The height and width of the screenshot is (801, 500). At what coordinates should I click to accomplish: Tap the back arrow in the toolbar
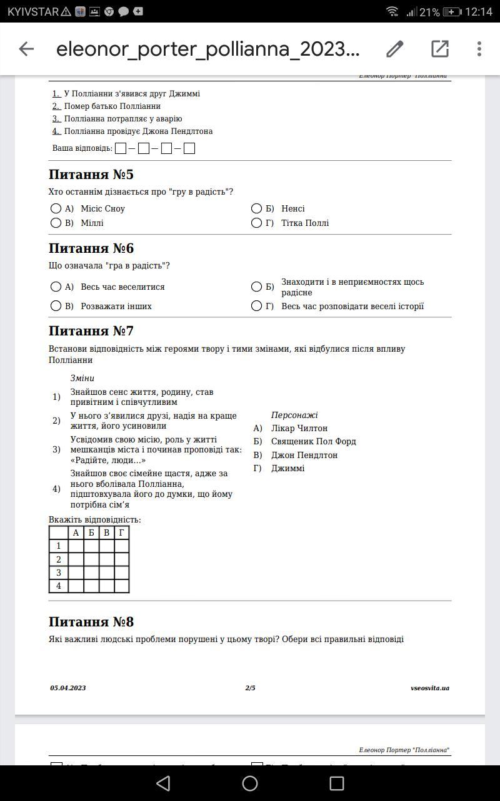[x=26, y=49]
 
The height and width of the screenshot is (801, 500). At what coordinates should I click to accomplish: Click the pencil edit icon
[x=394, y=49]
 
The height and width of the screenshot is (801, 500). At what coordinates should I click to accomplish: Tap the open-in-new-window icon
[x=440, y=49]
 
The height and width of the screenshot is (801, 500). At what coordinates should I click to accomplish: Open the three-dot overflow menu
[x=479, y=49]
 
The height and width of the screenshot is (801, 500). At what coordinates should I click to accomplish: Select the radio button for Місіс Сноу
[x=56, y=208]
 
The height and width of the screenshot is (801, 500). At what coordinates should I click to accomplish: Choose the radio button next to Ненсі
[x=256, y=208]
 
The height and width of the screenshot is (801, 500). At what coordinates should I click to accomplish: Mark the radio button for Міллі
[x=56, y=223]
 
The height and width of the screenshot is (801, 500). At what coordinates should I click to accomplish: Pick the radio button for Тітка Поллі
[x=256, y=223]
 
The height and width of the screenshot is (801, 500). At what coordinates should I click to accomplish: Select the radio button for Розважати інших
[x=56, y=306]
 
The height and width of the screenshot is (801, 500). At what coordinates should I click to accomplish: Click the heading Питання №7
[x=91, y=331]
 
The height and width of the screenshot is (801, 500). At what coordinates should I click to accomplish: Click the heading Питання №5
[x=91, y=175]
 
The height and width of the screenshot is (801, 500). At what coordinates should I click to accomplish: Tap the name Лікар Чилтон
[x=299, y=428]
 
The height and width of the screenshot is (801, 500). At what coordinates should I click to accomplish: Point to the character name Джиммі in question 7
[x=287, y=468]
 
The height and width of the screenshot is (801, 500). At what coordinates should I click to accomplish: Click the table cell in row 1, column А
[x=76, y=546]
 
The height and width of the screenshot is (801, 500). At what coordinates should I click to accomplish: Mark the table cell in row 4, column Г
[x=122, y=586]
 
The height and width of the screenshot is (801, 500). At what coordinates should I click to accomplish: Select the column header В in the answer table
[x=106, y=533]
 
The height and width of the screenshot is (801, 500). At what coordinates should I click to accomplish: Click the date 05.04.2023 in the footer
[x=68, y=688]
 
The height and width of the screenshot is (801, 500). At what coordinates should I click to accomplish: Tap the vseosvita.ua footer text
[x=430, y=688]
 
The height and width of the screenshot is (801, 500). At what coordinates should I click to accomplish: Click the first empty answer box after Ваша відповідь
[x=121, y=148]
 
